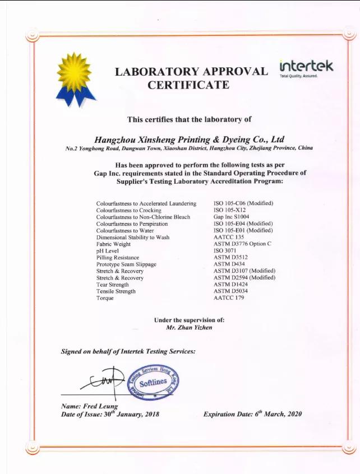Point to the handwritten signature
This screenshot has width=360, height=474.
point(104,381)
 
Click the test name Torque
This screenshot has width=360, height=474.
point(105,298)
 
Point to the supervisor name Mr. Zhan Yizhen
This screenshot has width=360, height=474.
point(189,327)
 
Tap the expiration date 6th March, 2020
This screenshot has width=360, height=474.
point(275,414)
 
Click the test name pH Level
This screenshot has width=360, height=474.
point(108,250)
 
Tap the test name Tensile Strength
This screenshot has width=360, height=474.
point(116,291)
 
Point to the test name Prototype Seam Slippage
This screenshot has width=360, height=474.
point(126,264)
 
